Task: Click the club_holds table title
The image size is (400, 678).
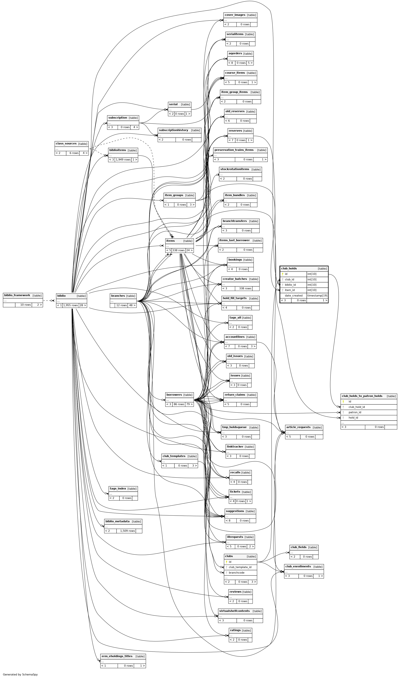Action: pos(289,268)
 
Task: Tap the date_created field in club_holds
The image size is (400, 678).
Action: pos(294,295)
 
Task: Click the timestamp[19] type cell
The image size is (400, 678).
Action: pos(317,295)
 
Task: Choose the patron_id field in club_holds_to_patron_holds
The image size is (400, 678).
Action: pos(355,412)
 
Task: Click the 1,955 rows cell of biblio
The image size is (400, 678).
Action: pos(71,305)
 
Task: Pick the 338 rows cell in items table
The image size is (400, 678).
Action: pos(178,250)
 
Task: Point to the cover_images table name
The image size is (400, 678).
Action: pos(235,15)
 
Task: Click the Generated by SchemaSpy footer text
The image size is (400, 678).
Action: pos(20,675)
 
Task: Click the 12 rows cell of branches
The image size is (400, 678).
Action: pos(121,305)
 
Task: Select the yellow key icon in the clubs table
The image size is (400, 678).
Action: pos(227,562)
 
